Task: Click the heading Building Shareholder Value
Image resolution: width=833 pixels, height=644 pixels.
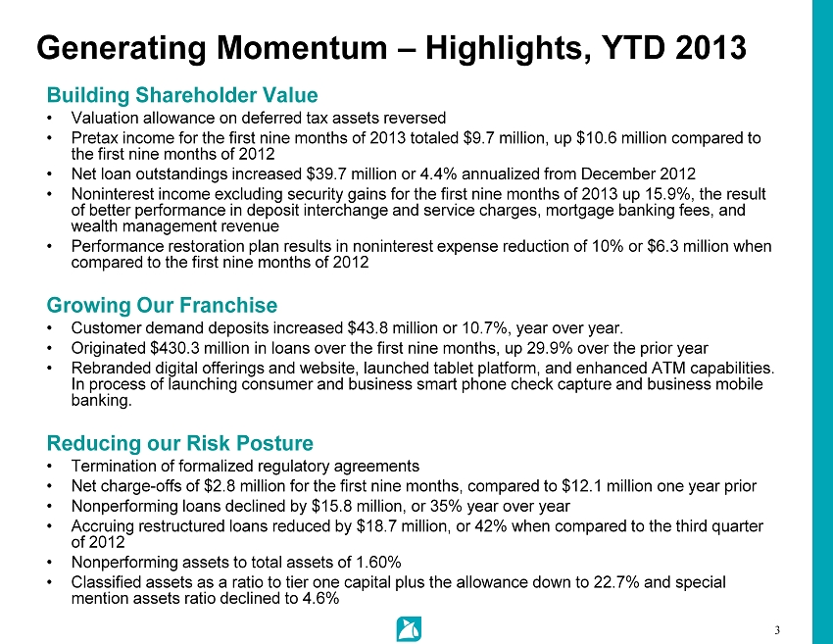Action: tap(182, 95)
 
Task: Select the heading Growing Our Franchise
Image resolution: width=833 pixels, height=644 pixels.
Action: tap(162, 305)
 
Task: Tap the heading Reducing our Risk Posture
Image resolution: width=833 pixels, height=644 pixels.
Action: tap(180, 443)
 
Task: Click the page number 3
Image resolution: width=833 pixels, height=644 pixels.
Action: tap(777, 630)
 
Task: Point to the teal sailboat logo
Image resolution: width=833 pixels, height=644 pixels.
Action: tap(409, 629)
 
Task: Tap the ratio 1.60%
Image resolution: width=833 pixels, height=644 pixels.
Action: tap(378, 563)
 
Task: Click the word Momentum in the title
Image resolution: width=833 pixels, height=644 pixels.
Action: tap(302, 48)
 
